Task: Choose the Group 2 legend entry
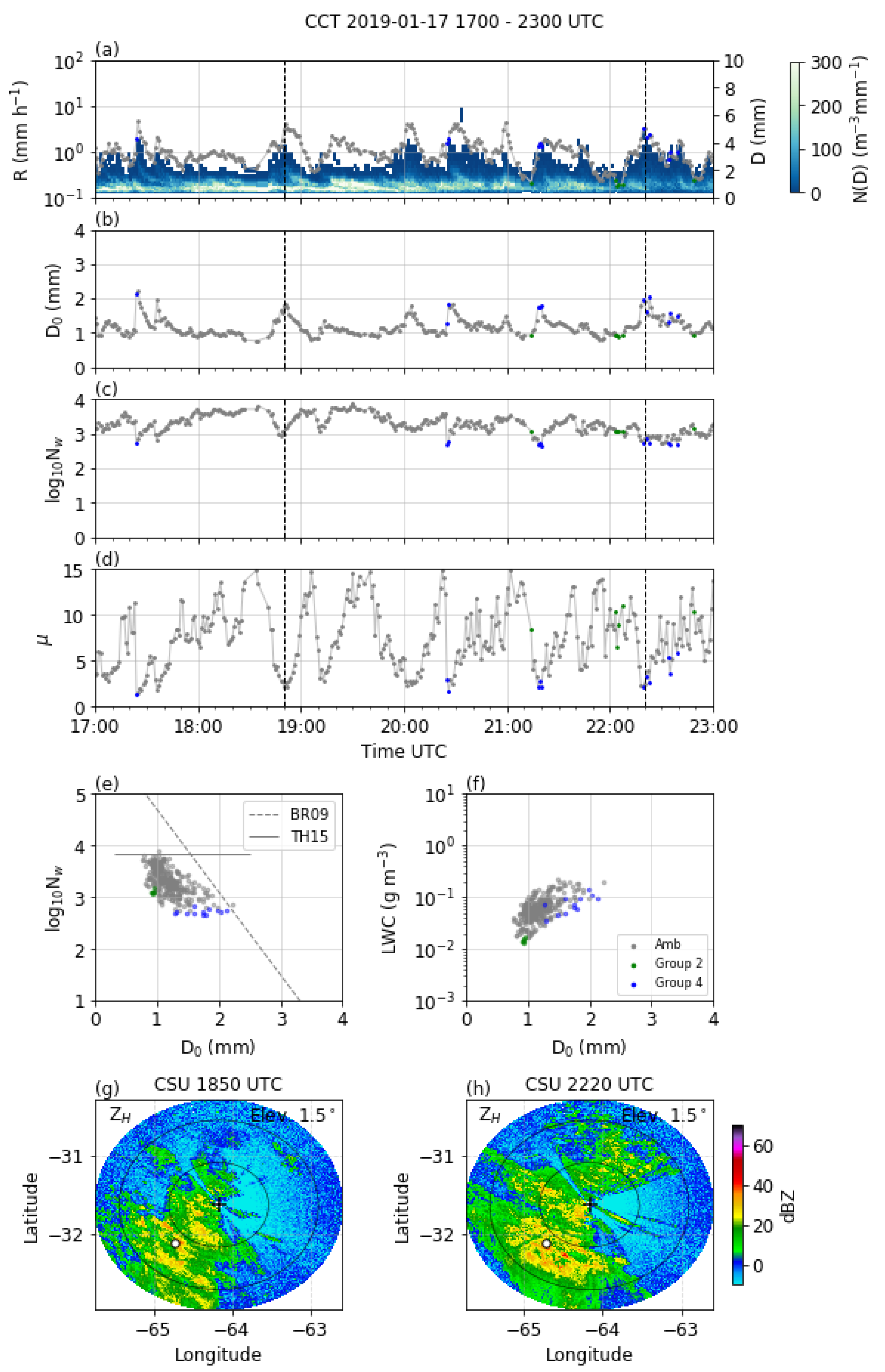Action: (x=678, y=963)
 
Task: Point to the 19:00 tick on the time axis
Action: (x=302, y=726)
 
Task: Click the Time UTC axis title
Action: (x=404, y=751)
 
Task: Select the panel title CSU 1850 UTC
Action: (x=218, y=1085)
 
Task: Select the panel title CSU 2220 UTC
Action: (x=589, y=1085)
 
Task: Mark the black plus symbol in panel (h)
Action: (x=590, y=1204)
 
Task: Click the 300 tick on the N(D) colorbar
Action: (x=826, y=62)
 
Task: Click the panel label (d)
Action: (x=107, y=559)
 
